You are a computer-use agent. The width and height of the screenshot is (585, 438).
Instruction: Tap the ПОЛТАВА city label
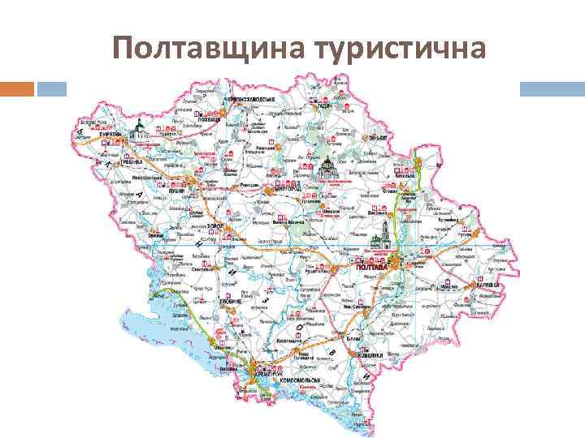373,268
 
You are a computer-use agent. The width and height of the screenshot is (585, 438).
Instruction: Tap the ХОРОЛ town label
215,225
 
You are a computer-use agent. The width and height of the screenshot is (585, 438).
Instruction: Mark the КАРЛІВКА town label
487,286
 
